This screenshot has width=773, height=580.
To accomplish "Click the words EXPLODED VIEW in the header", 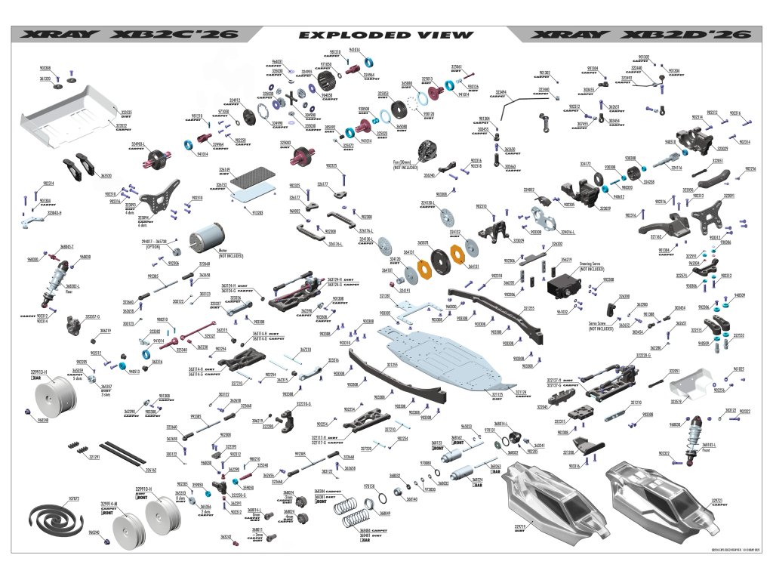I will [386, 35].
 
